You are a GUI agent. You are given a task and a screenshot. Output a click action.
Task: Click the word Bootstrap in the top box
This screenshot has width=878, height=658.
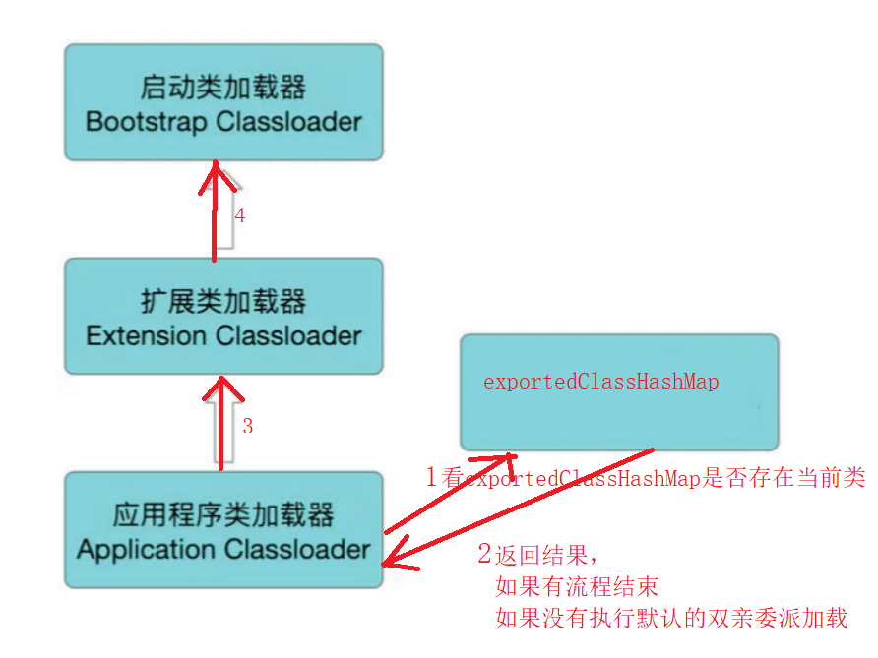click(145, 122)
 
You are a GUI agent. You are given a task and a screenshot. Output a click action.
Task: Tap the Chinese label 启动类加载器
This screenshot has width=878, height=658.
click(223, 89)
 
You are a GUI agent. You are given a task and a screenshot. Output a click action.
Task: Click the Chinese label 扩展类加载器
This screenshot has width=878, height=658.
click(223, 301)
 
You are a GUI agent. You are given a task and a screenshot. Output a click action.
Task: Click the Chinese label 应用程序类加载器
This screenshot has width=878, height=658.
click(223, 514)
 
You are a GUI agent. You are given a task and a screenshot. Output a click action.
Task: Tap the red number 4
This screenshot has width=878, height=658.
click(239, 215)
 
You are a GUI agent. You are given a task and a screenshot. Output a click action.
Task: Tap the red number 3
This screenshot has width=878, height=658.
click(247, 426)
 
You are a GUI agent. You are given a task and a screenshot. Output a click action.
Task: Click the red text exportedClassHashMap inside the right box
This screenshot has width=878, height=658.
click(600, 382)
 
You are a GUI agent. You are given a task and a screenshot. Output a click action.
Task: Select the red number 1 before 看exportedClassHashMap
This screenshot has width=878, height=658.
click(431, 478)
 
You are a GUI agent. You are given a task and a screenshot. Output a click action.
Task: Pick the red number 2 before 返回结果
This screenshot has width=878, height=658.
click(483, 553)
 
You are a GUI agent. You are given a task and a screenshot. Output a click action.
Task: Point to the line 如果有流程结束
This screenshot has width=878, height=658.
click(577, 587)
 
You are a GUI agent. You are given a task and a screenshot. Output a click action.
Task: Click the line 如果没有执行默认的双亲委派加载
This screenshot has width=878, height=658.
click(671, 619)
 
